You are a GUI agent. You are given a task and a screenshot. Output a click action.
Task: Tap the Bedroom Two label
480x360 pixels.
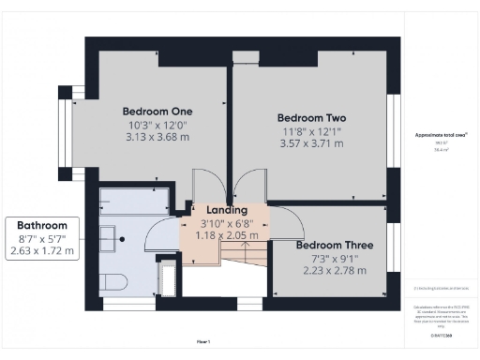pyautogui.click(x=311, y=118)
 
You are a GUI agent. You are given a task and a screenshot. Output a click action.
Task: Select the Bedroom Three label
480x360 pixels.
pyautogui.click(x=334, y=246)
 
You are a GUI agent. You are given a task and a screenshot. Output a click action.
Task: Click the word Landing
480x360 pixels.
pyautogui.click(x=227, y=210)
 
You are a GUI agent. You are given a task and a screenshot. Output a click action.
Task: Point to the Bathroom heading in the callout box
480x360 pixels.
pyautogui.click(x=43, y=226)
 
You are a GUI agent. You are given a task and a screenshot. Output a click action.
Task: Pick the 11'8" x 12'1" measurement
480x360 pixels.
pyautogui.click(x=311, y=132)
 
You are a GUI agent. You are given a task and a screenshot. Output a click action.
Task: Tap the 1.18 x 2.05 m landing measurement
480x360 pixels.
pyautogui.click(x=227, y=235)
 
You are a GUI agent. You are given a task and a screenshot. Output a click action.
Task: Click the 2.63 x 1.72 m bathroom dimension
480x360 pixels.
pyautogui.click(x=43, y=251)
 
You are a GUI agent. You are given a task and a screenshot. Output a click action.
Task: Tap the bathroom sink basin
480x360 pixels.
pyautogui.click(x=112, y=234)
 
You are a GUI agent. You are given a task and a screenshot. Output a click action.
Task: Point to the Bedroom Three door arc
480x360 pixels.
pyautogui.click(x=288, y=220)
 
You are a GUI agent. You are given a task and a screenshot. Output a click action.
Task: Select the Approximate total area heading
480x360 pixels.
pyautogui.click(x=441, y=135)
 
